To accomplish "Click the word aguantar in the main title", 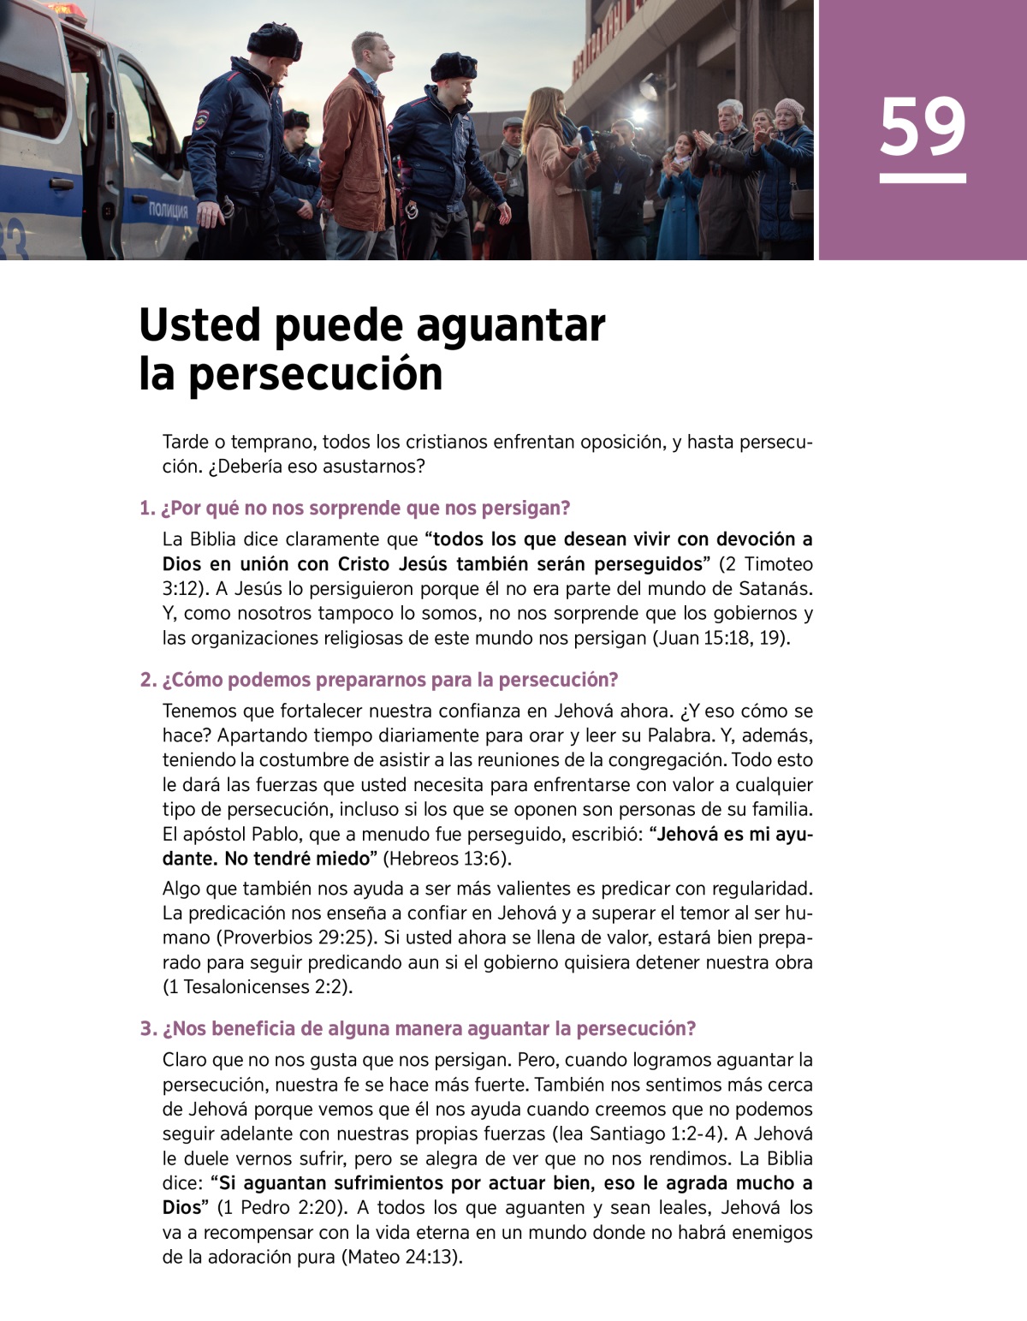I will pyautogui.click(x=511, y=326).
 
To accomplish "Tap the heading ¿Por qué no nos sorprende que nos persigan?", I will pyautogui.click(x=355, y=508).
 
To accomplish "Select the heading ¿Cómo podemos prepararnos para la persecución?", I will pyautogui.click(x=379, y=680).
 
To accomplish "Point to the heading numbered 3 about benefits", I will pyautogui.click(x=419, y=1028).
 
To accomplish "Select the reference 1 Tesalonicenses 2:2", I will pyautogui.click(x=257, y=987).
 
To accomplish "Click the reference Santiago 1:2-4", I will pyautogui.click(x=654, y=1134).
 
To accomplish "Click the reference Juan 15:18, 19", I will pyautogui.click(x=720, y=639).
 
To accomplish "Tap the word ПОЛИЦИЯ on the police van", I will pyautogui.click(x=168, y=211).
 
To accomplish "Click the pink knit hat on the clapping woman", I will pyautogui.click(x=789, y=108).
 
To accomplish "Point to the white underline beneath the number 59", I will pyautogui.click(x=923, y=179).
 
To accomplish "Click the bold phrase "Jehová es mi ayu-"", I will pyautogui.click(x=731, y=834).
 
